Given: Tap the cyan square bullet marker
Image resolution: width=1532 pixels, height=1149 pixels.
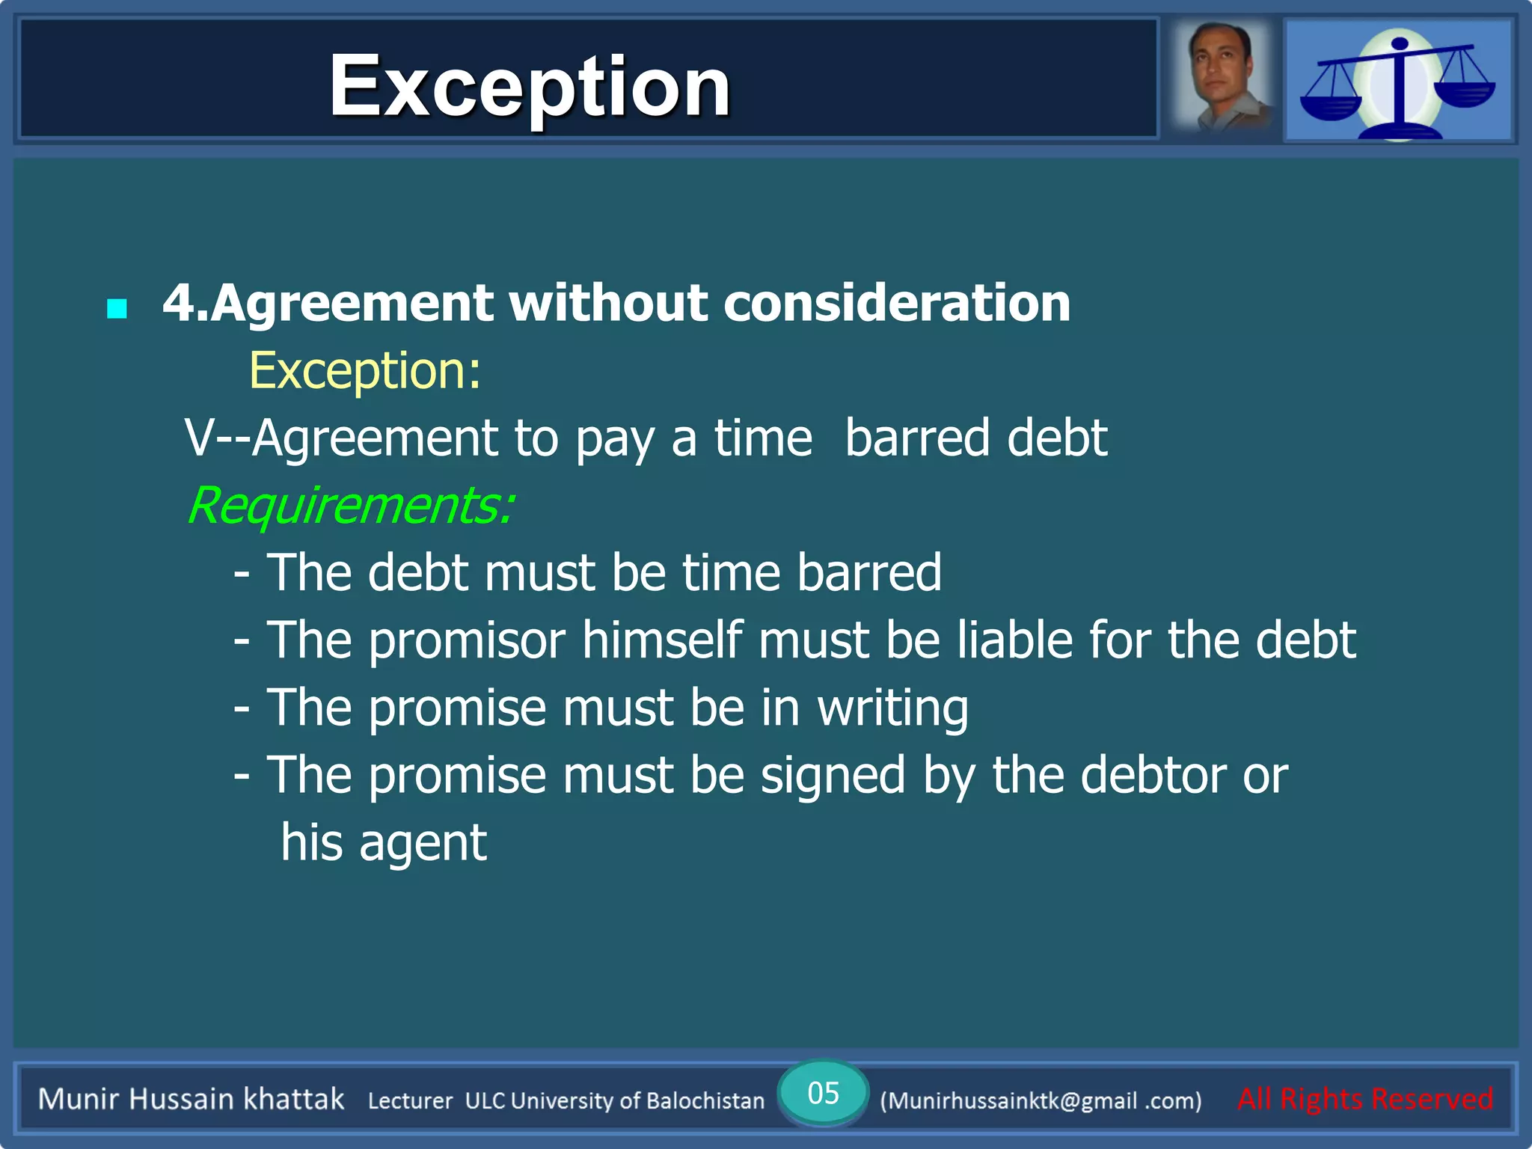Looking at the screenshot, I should (117, 308).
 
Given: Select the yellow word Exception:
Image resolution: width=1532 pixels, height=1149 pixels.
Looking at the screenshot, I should (364, 370).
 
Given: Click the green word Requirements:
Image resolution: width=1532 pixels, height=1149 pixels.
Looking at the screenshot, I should (349, 506).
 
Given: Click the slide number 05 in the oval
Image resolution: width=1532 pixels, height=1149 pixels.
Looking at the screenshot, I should (823, 1093).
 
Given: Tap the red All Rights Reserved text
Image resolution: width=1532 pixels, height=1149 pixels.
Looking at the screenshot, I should (1365, 1099).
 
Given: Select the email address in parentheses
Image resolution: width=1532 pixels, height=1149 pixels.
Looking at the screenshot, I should (1041, 1100).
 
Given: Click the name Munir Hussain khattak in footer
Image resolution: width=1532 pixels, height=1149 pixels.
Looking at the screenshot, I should (191, 1099).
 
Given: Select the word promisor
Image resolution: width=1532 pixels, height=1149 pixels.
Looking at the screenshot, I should (467, 641).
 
